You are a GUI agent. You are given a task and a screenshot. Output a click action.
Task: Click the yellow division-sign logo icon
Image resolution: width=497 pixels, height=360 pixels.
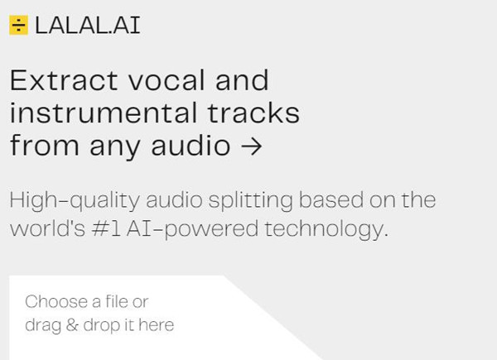pyautogui.click(x=18, y=25)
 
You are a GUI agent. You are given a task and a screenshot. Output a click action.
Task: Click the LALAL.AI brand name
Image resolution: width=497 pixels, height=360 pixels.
pyautogui.click(x=88, y=26)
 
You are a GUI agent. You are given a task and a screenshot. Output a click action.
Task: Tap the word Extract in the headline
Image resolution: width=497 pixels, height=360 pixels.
pyautogui.click(x=65, y=80)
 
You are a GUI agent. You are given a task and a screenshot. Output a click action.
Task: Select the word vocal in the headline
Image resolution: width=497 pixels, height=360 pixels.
pyautogui.click(x=166, y=80)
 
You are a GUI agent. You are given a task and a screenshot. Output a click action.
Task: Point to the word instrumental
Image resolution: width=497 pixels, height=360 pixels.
pyautogui.click(x=104, y=113)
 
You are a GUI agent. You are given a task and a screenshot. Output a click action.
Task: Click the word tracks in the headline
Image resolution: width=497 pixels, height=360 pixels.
pyautogui.click(x=253, y=113)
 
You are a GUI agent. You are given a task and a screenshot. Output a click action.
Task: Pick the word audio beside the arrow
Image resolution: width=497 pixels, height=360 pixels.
pyautogui.click(x=191, y=146)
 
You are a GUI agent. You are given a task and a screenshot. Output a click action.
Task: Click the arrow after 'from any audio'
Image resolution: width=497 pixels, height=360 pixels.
pyautogui.click(x=251, y=146)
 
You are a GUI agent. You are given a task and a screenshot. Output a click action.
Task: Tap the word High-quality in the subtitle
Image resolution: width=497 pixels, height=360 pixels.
pyautogui.click(x=75, y=201)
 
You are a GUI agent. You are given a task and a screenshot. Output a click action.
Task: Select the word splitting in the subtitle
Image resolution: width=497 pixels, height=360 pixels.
pyautogui.click(x=251, y=201)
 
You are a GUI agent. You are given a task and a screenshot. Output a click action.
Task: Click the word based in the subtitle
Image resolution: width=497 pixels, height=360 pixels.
pyautogui.click(x=331, y=200)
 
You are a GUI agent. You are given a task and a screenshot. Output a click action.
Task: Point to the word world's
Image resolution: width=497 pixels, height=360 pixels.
pyautogui.click(x=47, y=228)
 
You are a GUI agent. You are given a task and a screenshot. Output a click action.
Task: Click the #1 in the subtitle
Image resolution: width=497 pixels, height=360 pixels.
pyautogui.click(x=106, y=228)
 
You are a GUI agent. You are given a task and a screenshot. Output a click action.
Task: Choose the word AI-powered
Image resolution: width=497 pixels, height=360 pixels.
pyautogui.click(x=192, y=229)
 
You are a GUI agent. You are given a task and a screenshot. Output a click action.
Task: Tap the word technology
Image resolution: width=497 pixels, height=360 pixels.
pyautogui.click(x=326, y=229)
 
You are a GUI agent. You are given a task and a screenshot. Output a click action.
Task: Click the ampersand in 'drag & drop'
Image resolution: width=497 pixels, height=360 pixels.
pyautogui.click(x=72, y=325)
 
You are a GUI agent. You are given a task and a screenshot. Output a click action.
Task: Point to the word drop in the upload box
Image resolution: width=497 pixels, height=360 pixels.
pyautogui.click(x=102, y=326)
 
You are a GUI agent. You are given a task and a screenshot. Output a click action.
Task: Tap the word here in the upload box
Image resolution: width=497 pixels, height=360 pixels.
pyautogui.click(x=157, y=325)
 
